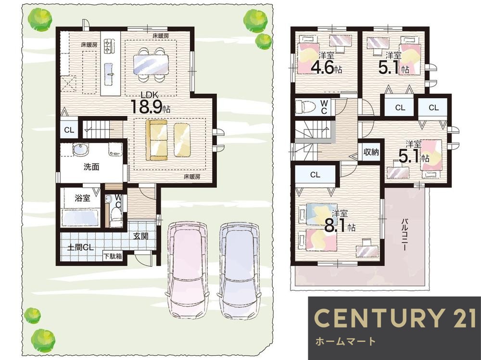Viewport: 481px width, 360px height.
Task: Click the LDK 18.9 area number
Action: point(147,106)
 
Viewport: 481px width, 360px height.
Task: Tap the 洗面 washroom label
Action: point(91,167)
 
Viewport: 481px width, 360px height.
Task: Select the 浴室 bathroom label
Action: point(83,198)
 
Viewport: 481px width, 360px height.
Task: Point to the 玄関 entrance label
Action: point(141,236)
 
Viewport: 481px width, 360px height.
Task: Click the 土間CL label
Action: point(80,247)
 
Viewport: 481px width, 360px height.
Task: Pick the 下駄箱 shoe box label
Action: point(113,256)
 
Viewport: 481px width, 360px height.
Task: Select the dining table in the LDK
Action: point(151,64)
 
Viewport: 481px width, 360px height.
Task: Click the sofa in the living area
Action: point(157,140)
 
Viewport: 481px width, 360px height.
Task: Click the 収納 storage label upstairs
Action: point(371,152)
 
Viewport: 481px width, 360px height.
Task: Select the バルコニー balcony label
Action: point(405,235)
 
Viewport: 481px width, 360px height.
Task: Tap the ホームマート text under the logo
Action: point(345,341)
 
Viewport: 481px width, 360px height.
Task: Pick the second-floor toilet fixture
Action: point(305,107)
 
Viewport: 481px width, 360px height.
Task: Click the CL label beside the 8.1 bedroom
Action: point(315,175)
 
